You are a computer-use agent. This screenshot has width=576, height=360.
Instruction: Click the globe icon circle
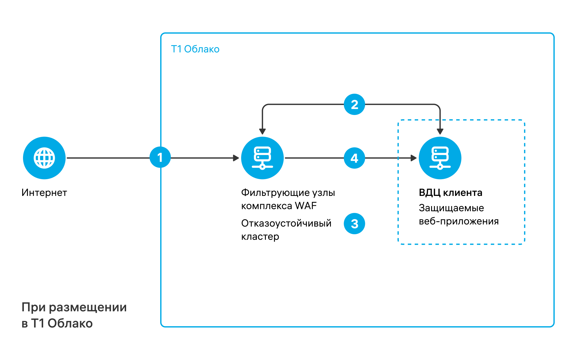(44, 158)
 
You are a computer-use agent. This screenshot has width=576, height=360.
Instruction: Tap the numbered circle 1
(160, 157)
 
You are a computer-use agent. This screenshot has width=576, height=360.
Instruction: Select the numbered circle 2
(354, 104)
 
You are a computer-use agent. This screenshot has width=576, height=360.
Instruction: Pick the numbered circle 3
(354, 224)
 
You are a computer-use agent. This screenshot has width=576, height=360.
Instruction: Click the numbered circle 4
(354, 158)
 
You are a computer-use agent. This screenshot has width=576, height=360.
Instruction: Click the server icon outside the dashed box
(262, 158)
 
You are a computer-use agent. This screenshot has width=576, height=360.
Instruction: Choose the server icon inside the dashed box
(440, 158)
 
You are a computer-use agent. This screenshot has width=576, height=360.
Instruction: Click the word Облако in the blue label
(202, 49)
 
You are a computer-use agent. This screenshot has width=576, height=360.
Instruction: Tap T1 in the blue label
(176, 49)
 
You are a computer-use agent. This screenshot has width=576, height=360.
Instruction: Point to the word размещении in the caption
(87, 307)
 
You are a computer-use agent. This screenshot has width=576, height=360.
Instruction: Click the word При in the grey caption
(34, 307)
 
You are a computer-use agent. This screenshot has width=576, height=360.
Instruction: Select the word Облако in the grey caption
(70, 323)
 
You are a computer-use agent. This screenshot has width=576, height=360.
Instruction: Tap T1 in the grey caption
(37, 323)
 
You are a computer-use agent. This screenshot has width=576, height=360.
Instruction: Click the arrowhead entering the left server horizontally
(236, 158)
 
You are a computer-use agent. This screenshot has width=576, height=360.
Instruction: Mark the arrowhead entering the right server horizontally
(414, 158)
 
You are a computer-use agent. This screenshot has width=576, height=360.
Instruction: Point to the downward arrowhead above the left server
(262, 131)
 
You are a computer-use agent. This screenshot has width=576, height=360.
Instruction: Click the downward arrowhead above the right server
(440, 131)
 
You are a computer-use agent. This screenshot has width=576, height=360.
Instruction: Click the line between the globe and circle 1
(108, 158)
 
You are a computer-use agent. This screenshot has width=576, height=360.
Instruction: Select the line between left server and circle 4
(314, 158)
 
